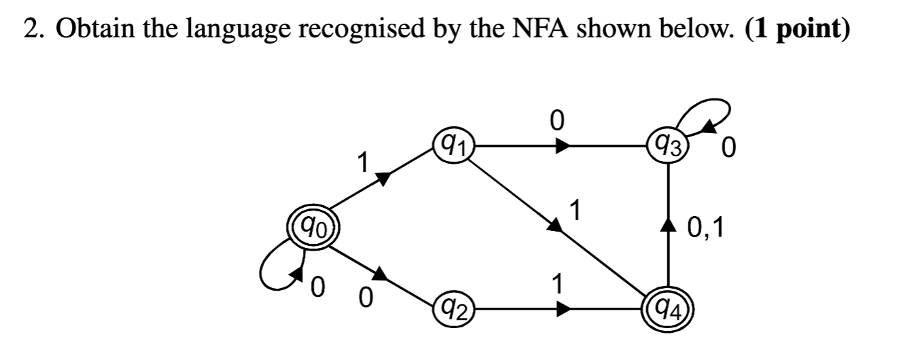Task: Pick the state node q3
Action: (x=669, y=145)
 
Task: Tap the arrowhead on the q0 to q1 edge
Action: (x=383, y=178)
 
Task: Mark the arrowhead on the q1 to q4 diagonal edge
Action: (x=557, y=226)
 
